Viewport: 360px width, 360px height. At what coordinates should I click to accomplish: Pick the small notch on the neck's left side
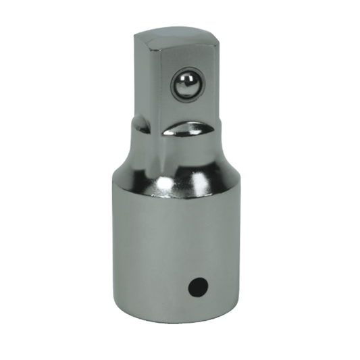pyautogui.click(x=138, y=124)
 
